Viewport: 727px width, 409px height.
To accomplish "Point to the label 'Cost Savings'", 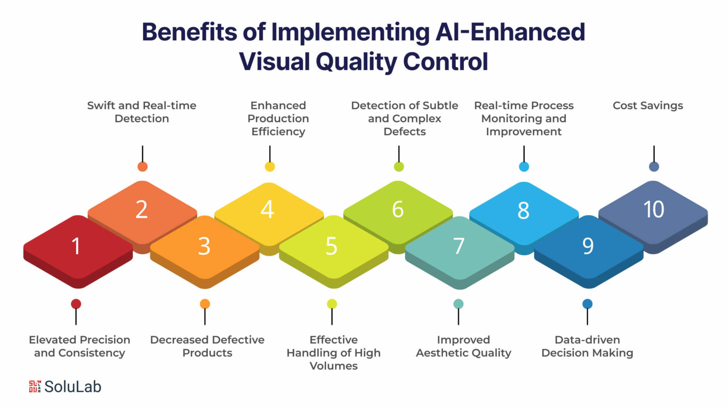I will pos(647,106).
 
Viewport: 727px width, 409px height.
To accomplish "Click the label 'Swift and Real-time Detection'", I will pos(142,112).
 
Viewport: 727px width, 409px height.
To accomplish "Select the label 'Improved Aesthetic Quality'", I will pos(463,346).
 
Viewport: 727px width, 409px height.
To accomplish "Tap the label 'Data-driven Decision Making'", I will pos(587,346).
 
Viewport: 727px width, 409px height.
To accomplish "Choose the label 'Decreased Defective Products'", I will pos(207,346).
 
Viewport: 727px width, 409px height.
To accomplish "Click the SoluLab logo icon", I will pos(35,386).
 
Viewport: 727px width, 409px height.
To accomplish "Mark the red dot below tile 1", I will pos(76,304).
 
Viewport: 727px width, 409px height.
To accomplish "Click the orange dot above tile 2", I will pos(142,167).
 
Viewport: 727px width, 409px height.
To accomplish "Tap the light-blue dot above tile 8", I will pos(524,167).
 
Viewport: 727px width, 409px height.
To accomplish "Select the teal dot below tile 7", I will pos(458,304).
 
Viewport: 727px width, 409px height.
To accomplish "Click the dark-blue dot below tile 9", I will pos(587,304).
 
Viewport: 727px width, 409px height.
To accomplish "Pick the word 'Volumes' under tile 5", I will pos(334,366).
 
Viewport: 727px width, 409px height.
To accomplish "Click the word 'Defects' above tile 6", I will pos(405,132).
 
